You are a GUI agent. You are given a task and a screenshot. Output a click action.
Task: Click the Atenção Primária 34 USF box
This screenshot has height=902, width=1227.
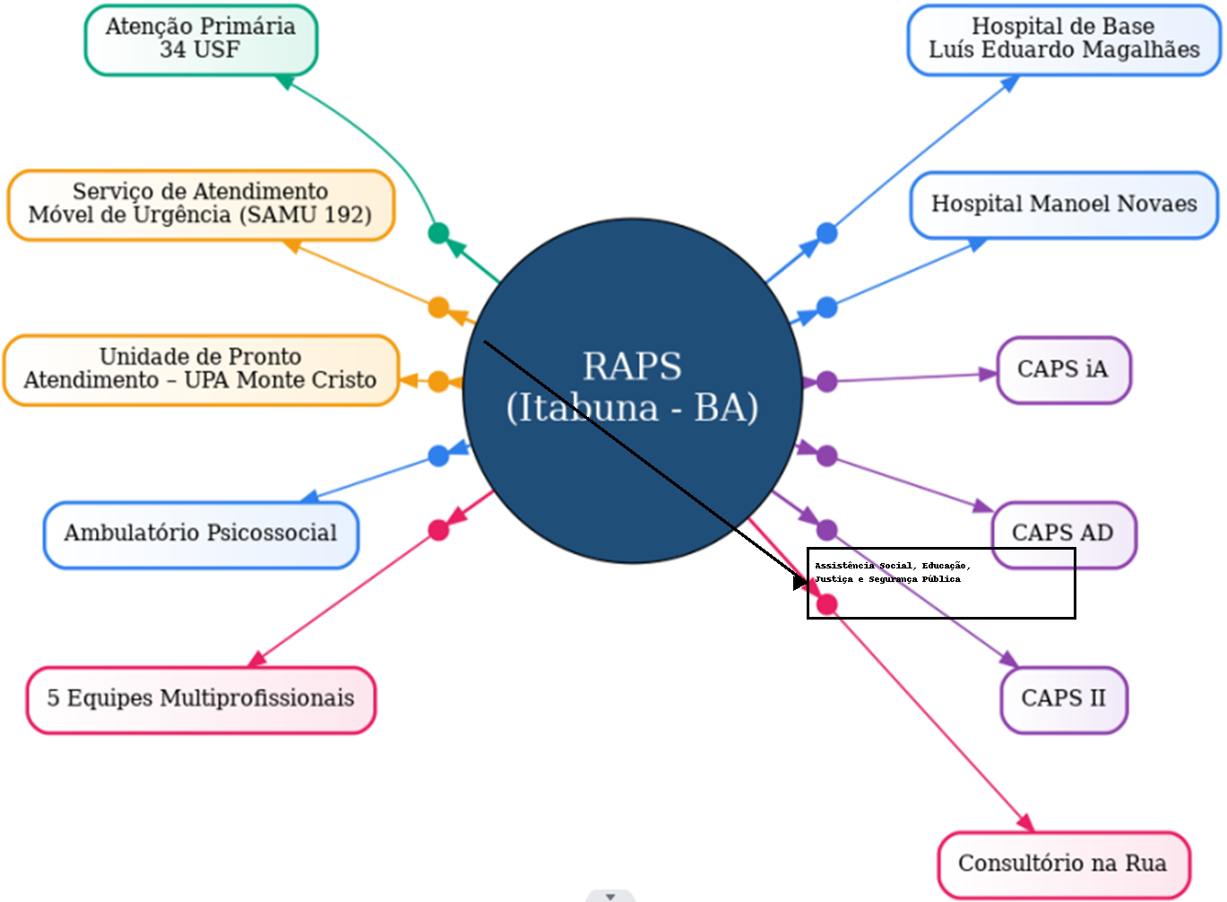tap(201, 39)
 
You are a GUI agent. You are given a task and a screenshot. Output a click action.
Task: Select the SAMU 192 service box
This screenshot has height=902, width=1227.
tap(201, 204)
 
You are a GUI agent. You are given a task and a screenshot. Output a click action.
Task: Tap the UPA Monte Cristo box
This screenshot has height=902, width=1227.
tap(201, 369)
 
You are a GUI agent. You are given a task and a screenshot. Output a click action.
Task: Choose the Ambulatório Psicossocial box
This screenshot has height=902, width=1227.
tap(201, 534)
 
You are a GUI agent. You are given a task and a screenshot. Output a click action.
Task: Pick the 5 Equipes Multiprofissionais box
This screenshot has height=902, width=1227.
tap(201, 699)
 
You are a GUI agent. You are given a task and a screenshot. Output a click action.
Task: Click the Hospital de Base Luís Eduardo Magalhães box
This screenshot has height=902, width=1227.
tap(1064, 39)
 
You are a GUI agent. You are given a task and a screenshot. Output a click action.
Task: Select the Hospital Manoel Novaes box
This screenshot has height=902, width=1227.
tap(1064, 204)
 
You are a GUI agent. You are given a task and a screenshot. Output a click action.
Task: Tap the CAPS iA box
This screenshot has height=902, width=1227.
tap(1063, 369)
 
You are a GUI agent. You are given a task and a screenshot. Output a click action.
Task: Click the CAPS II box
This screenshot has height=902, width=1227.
tap(1063, 699)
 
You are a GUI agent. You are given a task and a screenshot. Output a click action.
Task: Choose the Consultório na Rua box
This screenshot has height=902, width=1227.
tap(1063, 864)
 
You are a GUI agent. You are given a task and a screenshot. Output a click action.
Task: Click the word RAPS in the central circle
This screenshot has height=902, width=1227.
tap(632, 367)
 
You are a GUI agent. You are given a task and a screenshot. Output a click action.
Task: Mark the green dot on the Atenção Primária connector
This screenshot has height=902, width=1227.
tap(438, 233)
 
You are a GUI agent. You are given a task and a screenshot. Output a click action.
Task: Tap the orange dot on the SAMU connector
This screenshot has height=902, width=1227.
tap(438, 308)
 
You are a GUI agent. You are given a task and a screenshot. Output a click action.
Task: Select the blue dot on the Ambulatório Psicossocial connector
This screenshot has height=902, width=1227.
tap(438, 455)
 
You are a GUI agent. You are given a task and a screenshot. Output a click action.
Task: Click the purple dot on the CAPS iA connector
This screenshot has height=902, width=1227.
tap(826, 382)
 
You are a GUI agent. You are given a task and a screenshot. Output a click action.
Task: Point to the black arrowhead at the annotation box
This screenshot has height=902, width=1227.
tap(800, 582)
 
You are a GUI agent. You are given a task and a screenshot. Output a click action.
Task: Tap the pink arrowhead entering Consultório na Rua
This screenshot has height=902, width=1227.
tap(1025, 822)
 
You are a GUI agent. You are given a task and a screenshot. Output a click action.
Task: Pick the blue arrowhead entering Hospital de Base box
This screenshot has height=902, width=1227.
tap(1010, 83)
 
